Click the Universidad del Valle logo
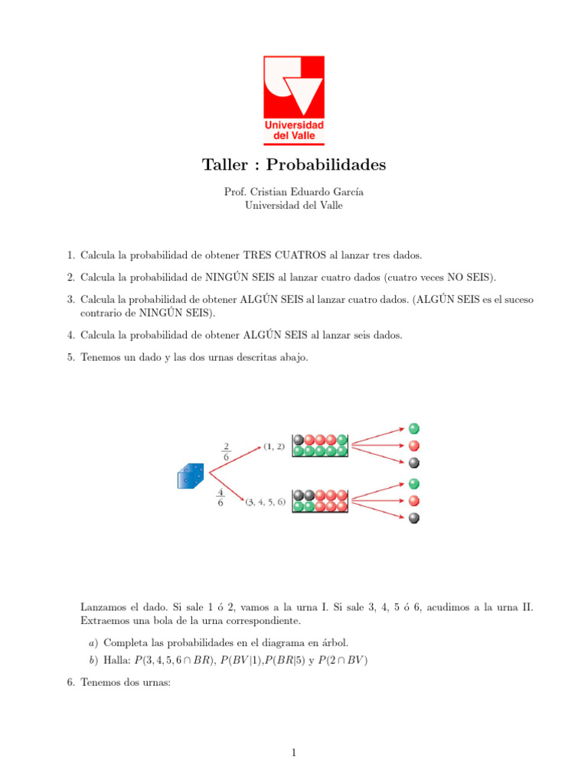(x=294, y=99)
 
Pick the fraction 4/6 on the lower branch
(x=220, y=498)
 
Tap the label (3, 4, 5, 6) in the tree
(x=266, y=502)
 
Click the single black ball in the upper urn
(x=299, y=440)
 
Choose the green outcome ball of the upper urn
(x=414, y=428)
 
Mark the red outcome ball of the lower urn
(x=414, y=501)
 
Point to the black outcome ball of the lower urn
(x=414, y=518)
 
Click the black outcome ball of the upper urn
(x=414, y=463)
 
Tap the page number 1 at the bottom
(x=294, y=753)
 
